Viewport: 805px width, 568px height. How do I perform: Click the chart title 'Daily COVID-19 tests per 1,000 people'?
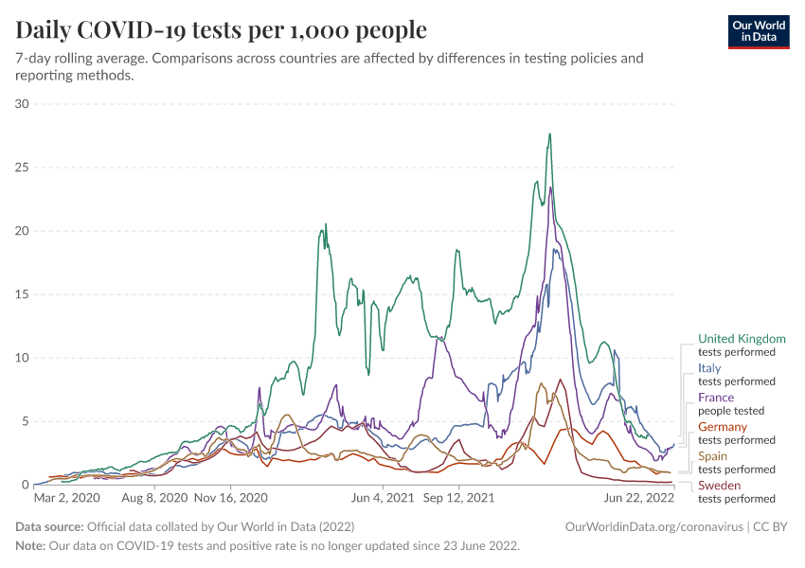(x=221, y=30)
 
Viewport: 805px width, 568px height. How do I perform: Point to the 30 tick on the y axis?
(x=24, y=104)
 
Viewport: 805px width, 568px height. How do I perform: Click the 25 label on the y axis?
(x=24, y=168)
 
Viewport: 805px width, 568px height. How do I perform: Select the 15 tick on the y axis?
(x=24, y=294)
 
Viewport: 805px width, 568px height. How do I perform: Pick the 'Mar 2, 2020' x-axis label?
(x=66, y=497)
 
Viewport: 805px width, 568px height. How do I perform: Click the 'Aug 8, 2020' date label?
(x=155, y=497)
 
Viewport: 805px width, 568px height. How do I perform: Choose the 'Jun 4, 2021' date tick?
(x=382, y=497)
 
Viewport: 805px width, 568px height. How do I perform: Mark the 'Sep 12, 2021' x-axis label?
(x=458, y=497)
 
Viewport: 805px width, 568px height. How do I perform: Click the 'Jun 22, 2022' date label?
(x=638, y=497)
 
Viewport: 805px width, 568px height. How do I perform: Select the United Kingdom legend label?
(x=742, y=339)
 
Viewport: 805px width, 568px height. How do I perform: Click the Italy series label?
(x=709, y=368)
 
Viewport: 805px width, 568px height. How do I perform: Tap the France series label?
(x=715, y=398)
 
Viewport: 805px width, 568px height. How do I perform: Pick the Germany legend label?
(x=723, y=427)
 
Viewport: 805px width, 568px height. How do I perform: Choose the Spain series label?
(x=713, y=456)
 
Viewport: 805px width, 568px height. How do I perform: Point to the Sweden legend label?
(x=719, y=486)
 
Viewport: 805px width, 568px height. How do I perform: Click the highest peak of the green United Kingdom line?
(x=549, y=134)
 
